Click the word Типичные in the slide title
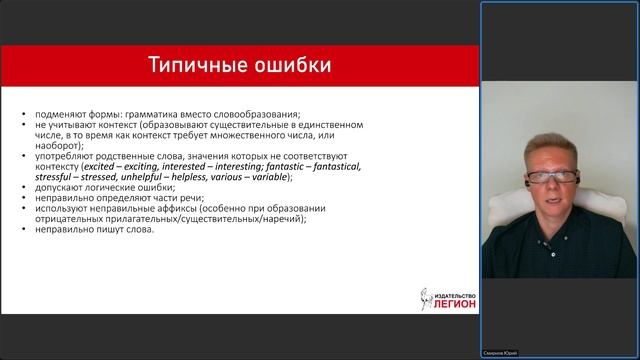pyautogui.click(x=192, y=67)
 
